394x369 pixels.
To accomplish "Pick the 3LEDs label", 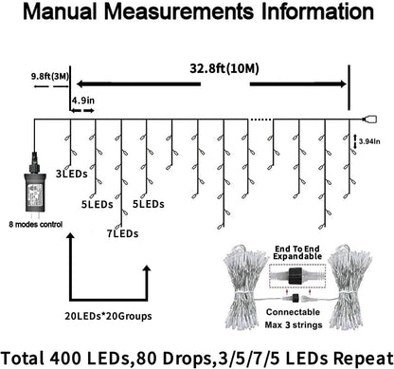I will (68, 174).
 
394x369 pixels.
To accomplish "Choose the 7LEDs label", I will (123, 231).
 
